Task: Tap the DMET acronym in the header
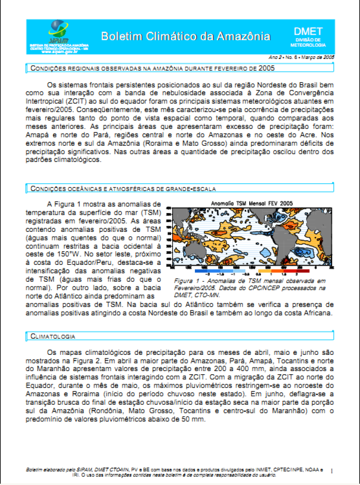(x=308, y=32)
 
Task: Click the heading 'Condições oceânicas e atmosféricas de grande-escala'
(x=123, y=188)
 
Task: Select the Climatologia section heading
(x=53, y=336)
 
